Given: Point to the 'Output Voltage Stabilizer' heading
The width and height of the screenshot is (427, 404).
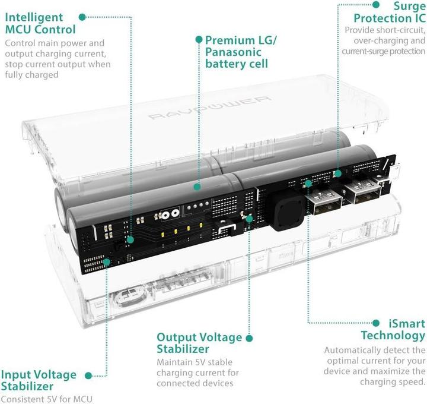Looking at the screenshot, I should [199, 343].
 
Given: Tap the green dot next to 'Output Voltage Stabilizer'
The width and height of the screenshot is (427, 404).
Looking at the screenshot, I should [249, 338].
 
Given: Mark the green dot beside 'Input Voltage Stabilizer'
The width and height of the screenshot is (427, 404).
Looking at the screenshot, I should [88, 375].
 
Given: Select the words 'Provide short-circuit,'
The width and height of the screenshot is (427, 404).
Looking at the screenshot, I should [384, 30].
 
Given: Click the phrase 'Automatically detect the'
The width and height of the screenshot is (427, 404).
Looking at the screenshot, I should [375, 350].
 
